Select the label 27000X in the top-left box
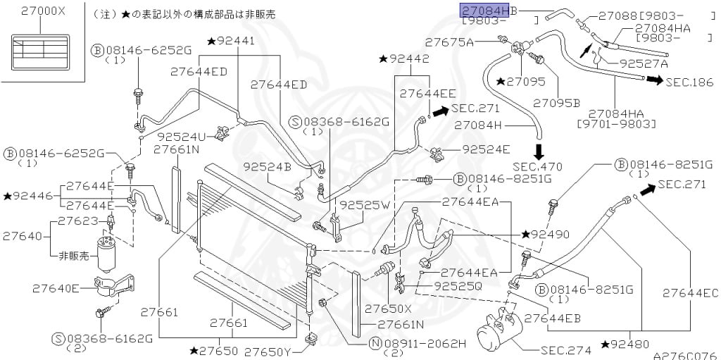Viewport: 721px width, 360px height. pyautogui.click(x=43, y=11)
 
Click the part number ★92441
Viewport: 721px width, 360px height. pyautogui.click(x=231, y=42)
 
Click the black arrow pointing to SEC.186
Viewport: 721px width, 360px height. pyautogui.click(x=655, y=80)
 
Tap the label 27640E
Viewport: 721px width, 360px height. pyautogui.click(x=56, y=289)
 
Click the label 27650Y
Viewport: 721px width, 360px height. pyautogui.click(x=268, y=352)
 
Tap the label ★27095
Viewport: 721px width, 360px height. pyautogui.click(x=521, y=82)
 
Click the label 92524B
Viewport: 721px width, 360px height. pyautogui.click(x=268, y=167)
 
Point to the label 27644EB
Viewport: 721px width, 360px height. pyautogui.click(x=552, y=318)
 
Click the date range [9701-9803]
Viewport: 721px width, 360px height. pyautogui.click(x=616, y=124)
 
